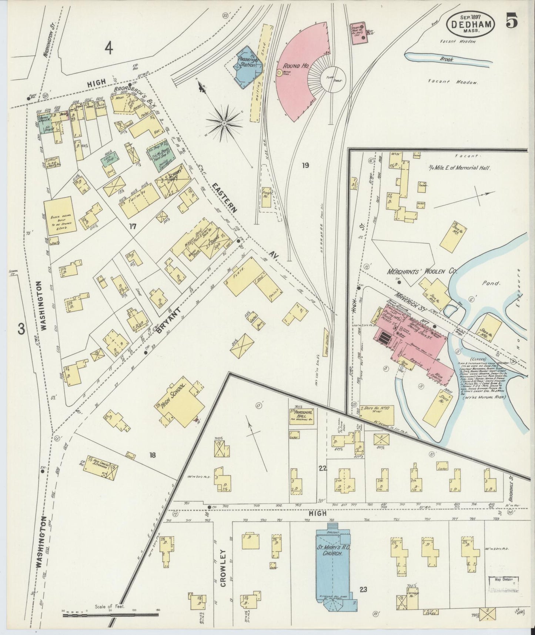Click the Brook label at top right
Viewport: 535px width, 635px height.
447,59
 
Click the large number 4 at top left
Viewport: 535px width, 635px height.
108,47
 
